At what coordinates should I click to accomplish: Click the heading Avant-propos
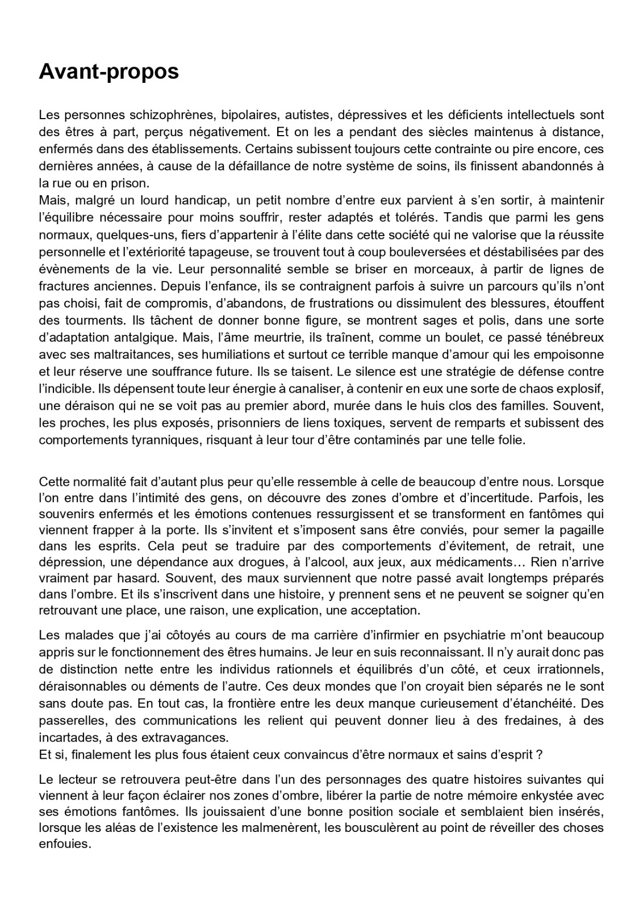[108, 72]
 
